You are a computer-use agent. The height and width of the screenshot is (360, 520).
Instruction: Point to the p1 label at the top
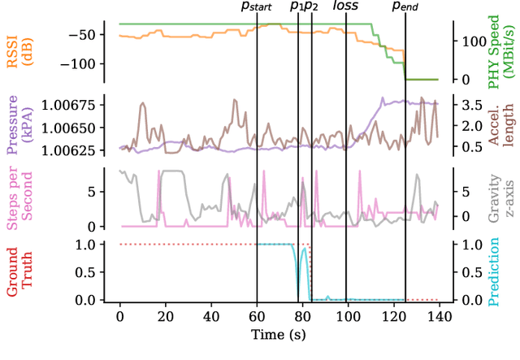[x=297, y=7]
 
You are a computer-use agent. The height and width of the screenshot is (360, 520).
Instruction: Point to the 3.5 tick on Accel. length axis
[x=467, y=105]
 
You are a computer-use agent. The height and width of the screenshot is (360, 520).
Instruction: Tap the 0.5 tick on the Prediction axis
[x=467, y=272]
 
